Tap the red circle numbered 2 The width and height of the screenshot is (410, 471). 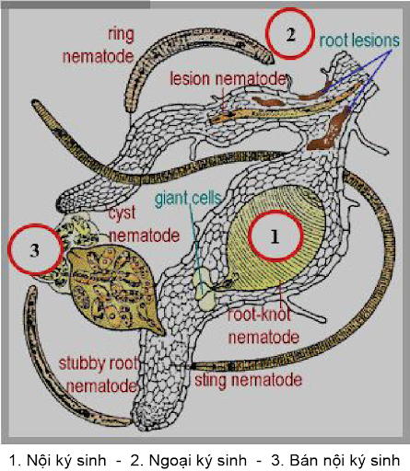click(x=290, y=33)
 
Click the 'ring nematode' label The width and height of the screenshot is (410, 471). click(x=99, y=45)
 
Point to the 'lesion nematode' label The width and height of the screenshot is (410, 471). click(x=228, y=79)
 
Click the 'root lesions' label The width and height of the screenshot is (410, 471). click(x=359, y=40)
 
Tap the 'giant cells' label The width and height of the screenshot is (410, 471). click(x=188, y=199)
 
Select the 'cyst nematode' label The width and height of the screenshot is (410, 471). click(x=144, y=224)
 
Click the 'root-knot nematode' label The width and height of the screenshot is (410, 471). click(x=264, y=327)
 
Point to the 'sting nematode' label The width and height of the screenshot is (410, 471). click(x=249, y=380)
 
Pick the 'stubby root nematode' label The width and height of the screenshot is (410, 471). click(x=99, y=374)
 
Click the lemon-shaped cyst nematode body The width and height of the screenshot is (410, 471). click(x=113, y=288)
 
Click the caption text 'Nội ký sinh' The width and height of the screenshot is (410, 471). click(x=66, y=460)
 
